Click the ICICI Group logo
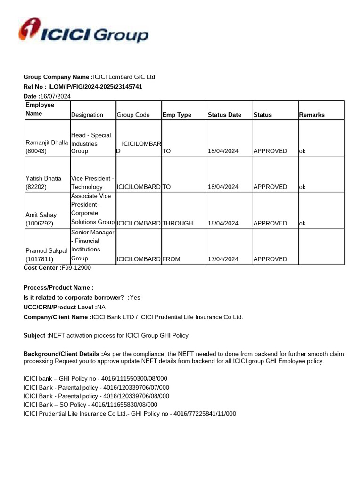83,31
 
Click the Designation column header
87,115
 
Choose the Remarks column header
312,115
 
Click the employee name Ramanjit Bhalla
46,142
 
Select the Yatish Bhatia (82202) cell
44,183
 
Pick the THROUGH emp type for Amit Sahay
178,223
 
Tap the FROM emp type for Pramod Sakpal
172,259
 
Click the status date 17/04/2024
223,259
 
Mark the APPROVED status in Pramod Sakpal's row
270,259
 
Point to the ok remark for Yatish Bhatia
302,187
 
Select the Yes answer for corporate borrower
135,297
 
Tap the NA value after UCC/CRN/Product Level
101,307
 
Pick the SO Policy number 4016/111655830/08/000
124,405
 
